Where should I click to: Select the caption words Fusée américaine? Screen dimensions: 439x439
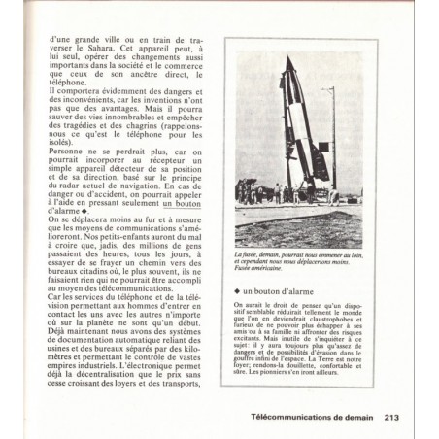260,274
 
